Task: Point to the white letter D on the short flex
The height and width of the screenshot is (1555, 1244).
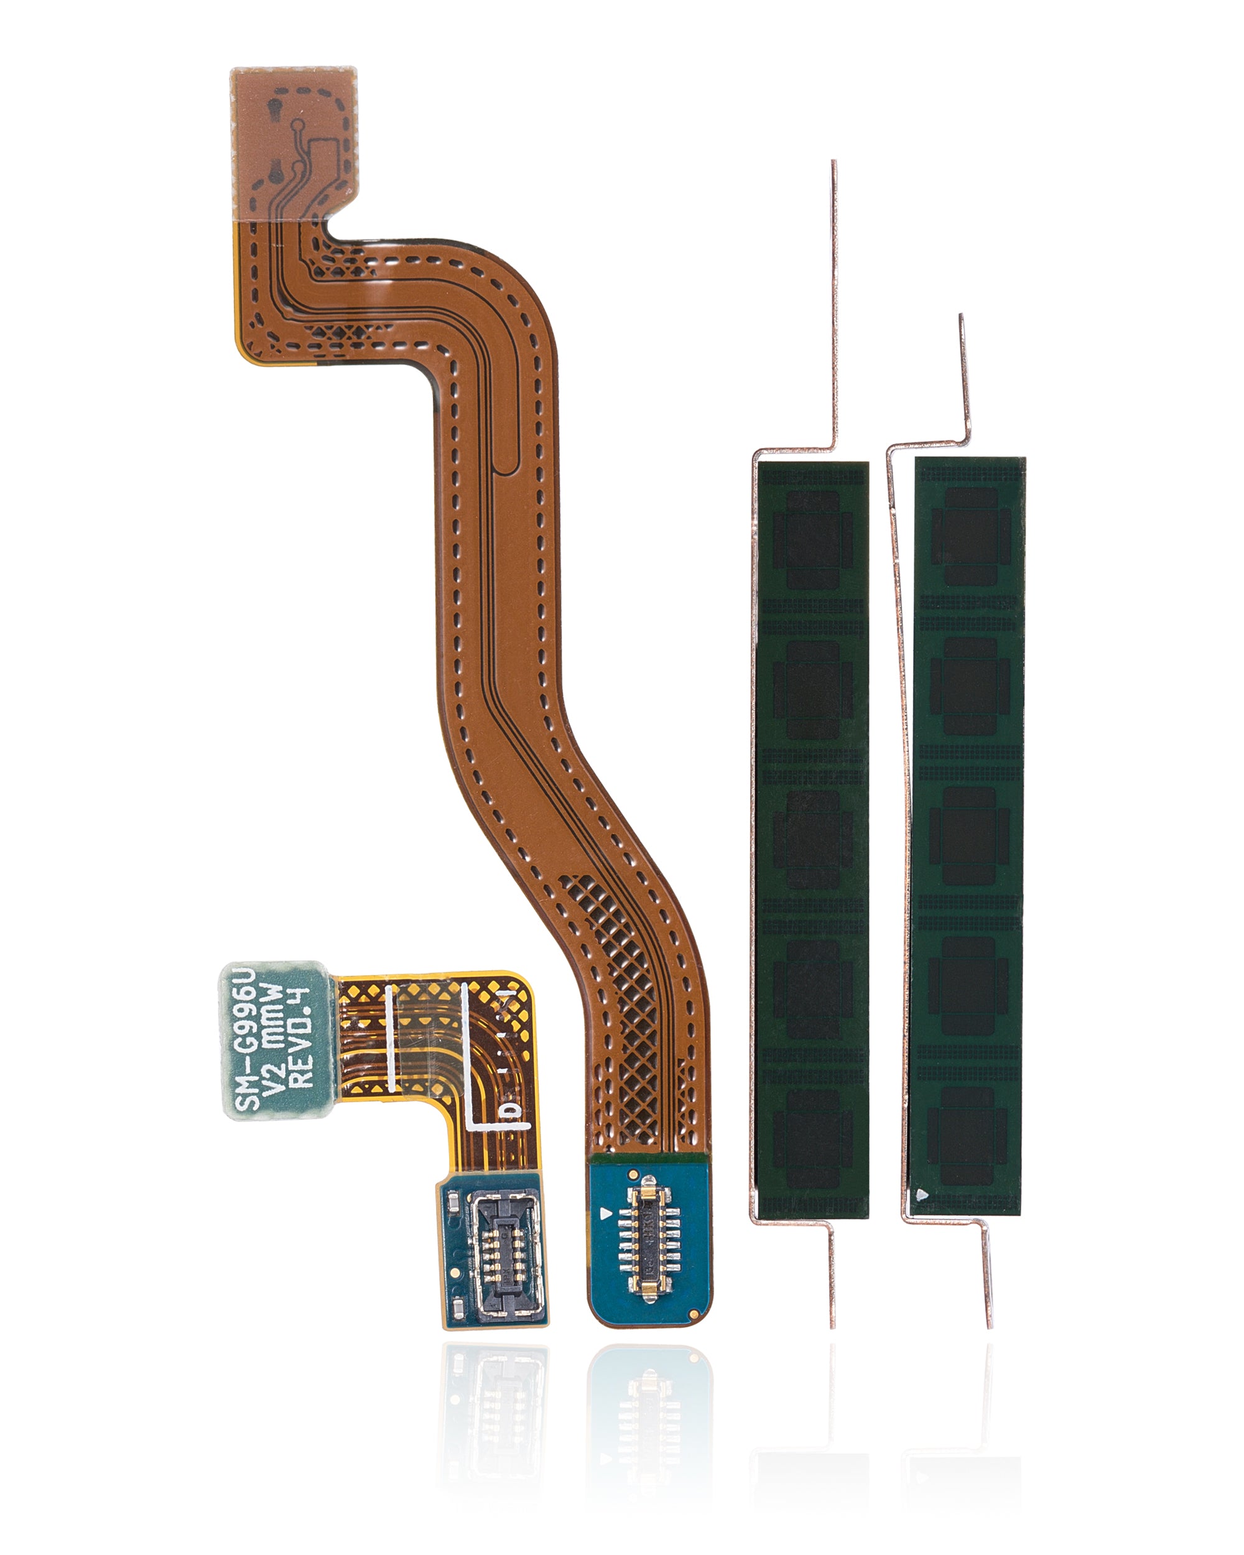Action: tap(511, 1112)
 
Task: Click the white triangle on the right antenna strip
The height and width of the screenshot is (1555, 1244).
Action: tap(922, 1194)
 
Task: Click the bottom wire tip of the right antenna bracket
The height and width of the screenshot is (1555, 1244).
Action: tap(989, 1324)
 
